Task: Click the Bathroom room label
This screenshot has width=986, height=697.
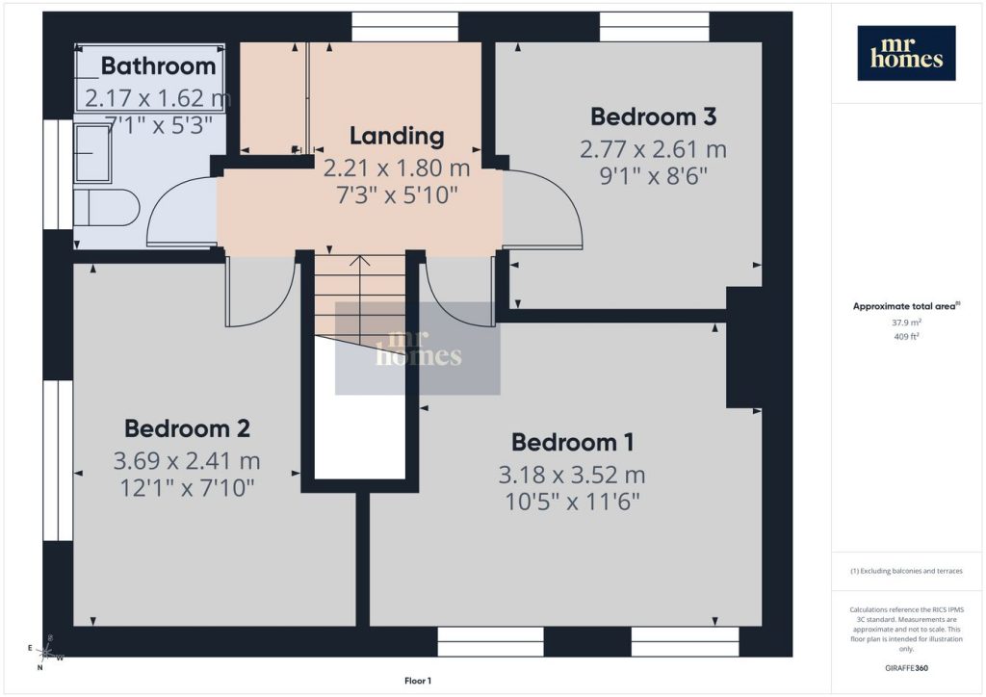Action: pyautogui.click(x=159, y=66)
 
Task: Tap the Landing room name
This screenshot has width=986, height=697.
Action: pyautogui.click(x=397, y=136)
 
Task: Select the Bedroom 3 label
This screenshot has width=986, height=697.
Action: pyautogui.click(x=654, y=116)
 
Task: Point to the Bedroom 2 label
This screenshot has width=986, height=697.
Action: pyautogui.click(x=188, y=428)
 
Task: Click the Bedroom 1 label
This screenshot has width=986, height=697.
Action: pyautogui.click(x=572, y=443)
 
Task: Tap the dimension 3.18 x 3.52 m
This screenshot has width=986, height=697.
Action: pyautogui.click(x=572, y=476)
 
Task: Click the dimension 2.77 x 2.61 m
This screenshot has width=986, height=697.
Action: pyautogui.click(x=654, y=149)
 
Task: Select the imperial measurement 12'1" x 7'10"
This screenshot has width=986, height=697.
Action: pyautogui.click(x=188, y=488)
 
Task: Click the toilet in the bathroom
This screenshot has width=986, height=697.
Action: pyautogui.click(x=106, y=207)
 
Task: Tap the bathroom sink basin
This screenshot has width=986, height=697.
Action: pyautogui.click(x=92, y=153)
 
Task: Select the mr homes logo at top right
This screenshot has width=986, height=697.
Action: pyautogui.click(x=906, y=53)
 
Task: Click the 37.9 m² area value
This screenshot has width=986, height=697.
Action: pyautogui.click(x=906, y=323)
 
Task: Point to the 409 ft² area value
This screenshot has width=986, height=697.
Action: pyautogui.click(x=906, y=336)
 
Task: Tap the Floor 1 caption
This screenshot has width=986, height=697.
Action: pyautogui.click(x=418, y=681)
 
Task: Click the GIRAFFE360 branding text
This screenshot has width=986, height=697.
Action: pyautogui.click(x=906, y=668)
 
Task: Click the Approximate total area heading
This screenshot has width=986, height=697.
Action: pyautogui.click(x=906, y=306)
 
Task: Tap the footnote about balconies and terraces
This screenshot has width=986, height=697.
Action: pyautogui.click(x=906, y=571)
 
